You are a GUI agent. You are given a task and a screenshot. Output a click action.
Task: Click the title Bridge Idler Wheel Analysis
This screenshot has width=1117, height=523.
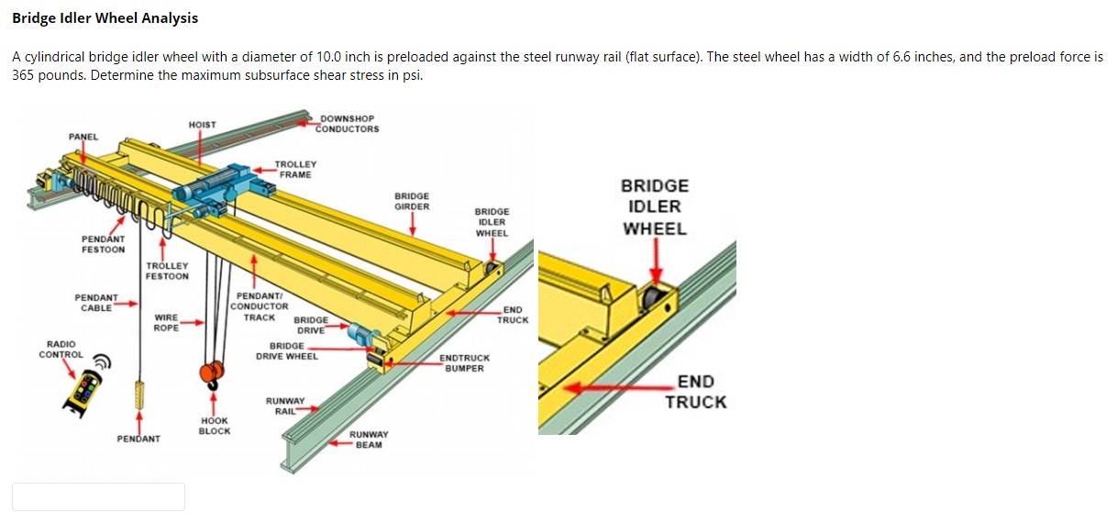point(105,18)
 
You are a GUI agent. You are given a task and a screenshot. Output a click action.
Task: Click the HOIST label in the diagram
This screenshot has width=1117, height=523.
point(202,125)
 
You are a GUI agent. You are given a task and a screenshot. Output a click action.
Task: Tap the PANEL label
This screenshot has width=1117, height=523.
point(83,137)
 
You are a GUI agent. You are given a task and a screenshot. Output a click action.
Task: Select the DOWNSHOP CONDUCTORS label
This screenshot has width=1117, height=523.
point(347,124)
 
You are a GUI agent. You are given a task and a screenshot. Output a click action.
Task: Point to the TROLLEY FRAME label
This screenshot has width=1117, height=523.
point(295,170)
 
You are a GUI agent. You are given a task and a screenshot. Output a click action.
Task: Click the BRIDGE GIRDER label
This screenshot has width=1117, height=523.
point(412,201)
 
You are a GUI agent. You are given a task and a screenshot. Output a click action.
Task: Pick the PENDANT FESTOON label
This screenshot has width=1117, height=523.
point(104,244)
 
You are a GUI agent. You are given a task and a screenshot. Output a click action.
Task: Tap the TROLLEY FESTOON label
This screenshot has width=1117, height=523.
point(167,271)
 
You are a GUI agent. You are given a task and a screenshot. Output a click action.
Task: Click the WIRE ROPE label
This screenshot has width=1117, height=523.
point(166,323)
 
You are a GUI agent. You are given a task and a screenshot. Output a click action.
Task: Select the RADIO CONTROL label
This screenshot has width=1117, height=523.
point(61,350)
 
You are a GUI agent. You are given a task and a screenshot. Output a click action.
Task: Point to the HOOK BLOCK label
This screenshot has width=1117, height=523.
point(215,426)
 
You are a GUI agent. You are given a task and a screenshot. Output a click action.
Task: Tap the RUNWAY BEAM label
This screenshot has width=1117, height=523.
point(369,440)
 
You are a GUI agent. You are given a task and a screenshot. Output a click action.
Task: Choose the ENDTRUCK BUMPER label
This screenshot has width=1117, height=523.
point(465,363)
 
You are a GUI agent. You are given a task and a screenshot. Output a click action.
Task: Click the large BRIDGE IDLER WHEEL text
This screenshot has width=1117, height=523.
point(655,207)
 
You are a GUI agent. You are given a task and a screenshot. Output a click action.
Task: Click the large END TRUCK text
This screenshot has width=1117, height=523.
point(696,392)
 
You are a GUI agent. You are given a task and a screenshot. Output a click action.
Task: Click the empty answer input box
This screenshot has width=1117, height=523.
point(98,496)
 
